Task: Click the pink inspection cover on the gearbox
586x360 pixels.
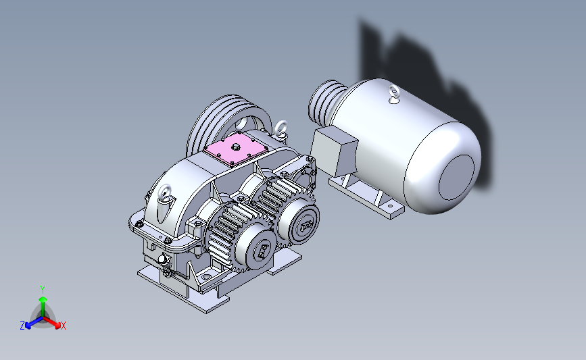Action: pos(235,149)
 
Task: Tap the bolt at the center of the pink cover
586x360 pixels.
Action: pos(235,147)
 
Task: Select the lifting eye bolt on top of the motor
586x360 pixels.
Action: pos(393,93)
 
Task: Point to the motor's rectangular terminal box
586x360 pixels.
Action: pos(334,151)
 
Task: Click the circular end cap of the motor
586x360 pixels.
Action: pos(456,178)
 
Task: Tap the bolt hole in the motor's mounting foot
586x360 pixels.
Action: pos(390,205)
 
